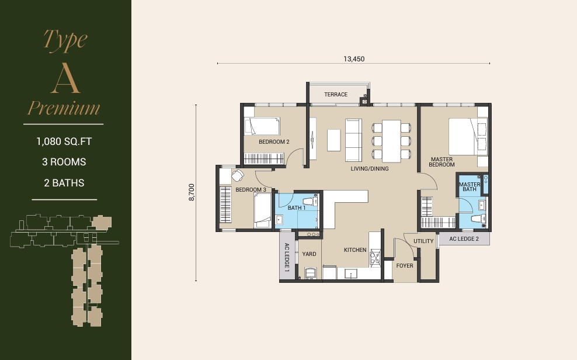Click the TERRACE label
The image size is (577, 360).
336,95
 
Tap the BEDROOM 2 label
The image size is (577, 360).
274,141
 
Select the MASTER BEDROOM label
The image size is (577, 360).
442,162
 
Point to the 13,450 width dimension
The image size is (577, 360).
354,59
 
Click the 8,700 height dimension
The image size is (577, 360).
192,192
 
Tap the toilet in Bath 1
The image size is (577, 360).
310,202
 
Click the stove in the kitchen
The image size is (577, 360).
374,257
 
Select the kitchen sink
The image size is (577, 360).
350,274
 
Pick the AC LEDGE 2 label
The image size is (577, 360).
464,239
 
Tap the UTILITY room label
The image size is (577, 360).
423,241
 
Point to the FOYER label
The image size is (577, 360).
404,266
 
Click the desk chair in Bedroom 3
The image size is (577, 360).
238,175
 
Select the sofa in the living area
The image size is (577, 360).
353,140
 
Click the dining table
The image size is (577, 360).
391,141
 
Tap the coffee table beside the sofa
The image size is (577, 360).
334,140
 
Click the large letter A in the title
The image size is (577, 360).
65,78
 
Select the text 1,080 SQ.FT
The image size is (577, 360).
64,141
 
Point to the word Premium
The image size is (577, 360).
64,108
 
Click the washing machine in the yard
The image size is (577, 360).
311,273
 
